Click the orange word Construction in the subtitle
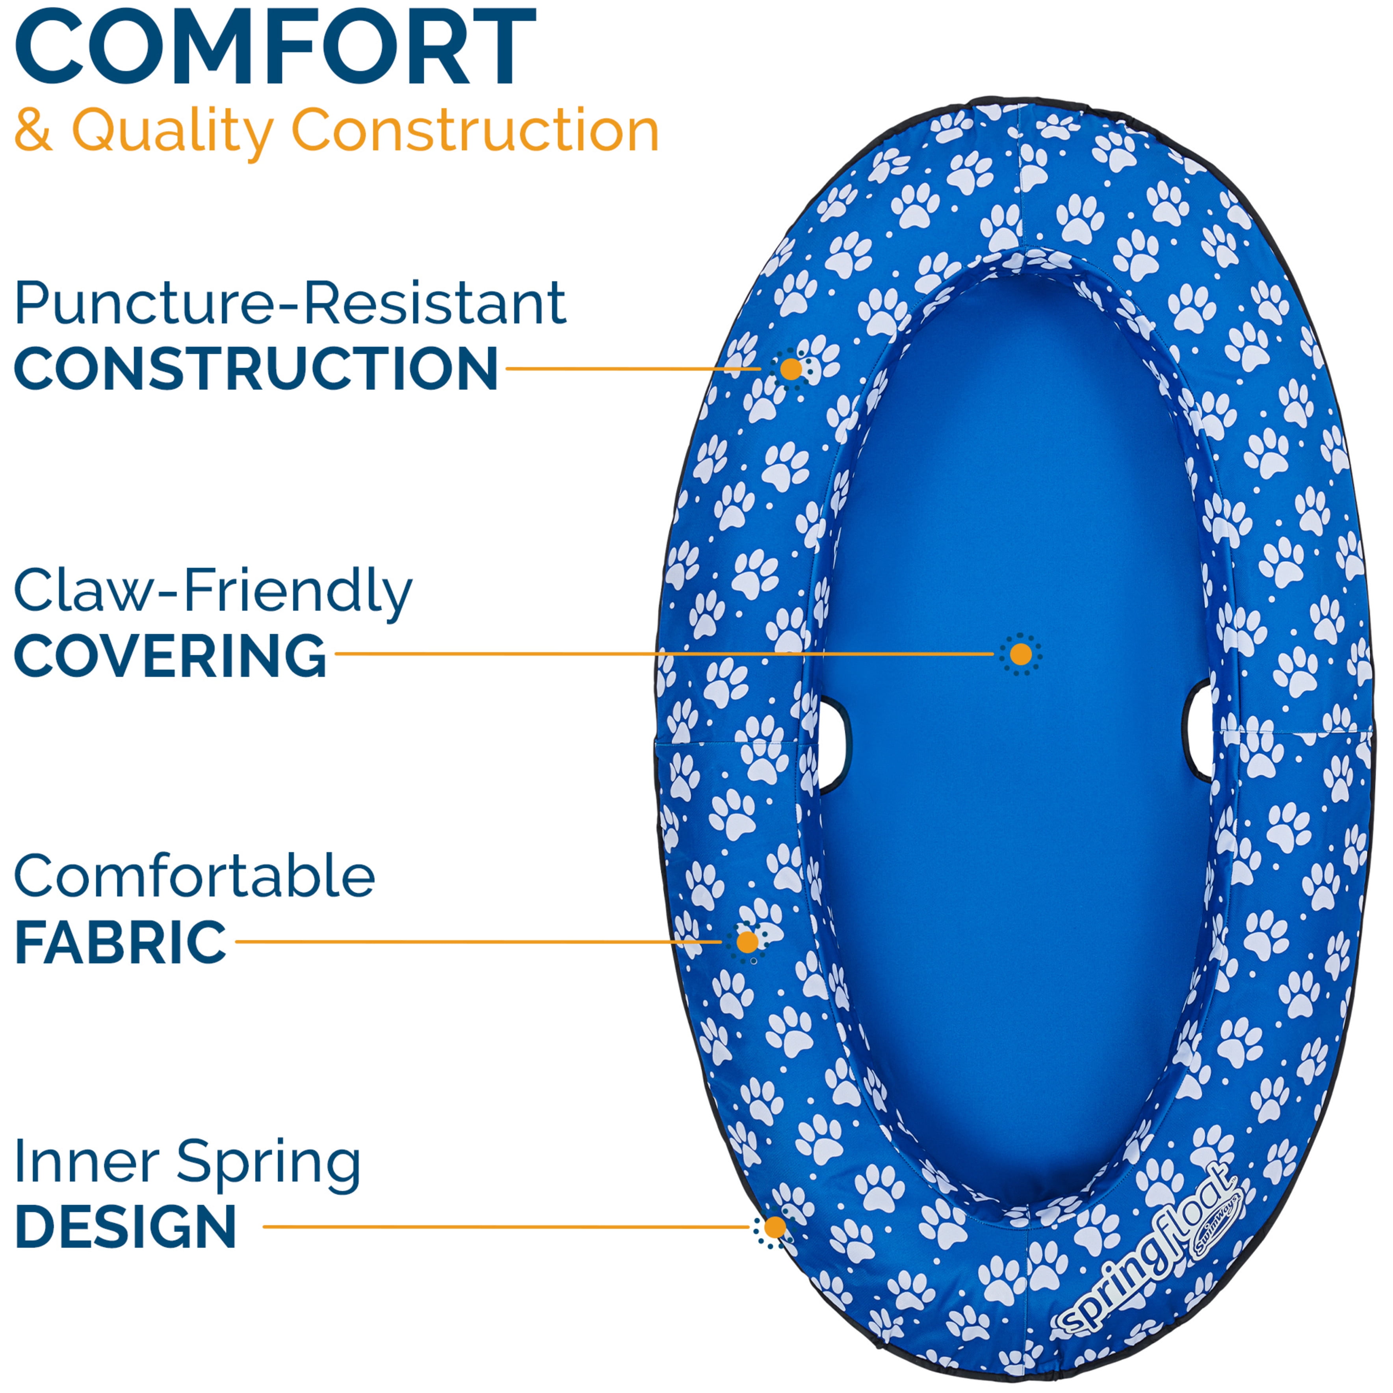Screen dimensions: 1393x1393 (x=474, y=130)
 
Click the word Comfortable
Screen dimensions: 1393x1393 (x=195, y=877)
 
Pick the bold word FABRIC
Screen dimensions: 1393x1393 (x=121, y=942)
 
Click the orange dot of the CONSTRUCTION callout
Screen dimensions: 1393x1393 (x=791, y=369)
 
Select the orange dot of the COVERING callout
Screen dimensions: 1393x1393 (x=1020, y=654)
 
